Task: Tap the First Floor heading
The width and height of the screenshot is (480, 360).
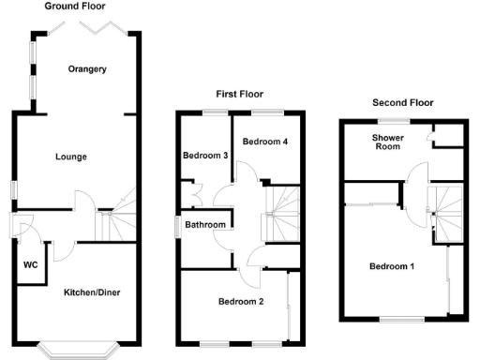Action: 240,94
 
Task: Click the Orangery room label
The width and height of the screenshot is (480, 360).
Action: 87,69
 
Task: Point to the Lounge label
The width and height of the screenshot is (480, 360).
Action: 71,157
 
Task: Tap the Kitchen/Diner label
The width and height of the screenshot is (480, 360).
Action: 91,292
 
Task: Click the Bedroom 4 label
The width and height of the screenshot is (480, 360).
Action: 266,142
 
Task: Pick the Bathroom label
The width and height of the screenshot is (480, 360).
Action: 204,225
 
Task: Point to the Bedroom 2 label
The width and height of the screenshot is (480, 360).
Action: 241,302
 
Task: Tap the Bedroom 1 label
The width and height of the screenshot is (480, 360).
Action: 392,266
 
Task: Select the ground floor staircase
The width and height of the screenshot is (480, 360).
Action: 114,221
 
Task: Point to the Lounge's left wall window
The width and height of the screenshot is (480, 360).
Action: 13,187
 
